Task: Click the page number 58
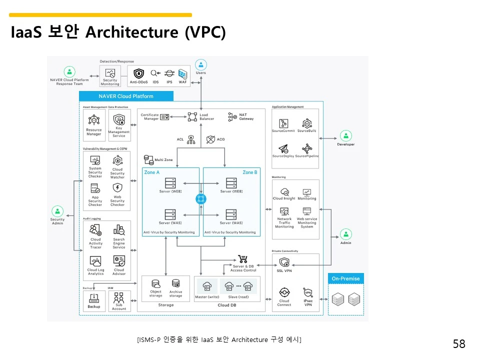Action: pos(458,344)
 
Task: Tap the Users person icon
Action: pos(200,64)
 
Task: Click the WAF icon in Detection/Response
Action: pos(182,74)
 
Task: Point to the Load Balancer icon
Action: pos(192,116)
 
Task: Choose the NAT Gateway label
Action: pos(246,117)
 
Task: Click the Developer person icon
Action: pos(345,135)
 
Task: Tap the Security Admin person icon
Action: pos(57,211)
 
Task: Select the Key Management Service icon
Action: pos(119,120)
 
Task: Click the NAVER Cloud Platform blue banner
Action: pos(126,96)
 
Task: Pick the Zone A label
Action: pos(152,172)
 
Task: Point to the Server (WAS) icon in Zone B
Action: pos(231,214)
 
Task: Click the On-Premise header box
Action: pos(345,278)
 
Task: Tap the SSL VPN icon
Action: pos(284,262)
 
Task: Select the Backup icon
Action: pos(93,298)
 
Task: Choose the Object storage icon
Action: pos(155,283)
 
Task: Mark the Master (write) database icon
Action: pos(207,287)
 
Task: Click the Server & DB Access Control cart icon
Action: pos(243,259)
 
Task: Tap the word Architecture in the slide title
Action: pos(131,32)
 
